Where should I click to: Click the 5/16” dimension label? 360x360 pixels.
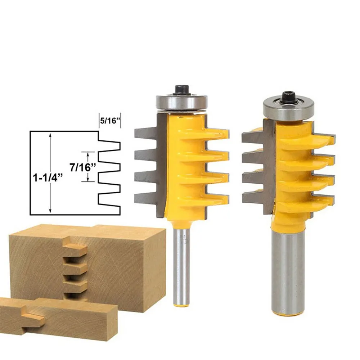pyautogui.click(x=110, y=121)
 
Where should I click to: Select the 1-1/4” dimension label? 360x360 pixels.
pyautogui.click(x=48, y=178)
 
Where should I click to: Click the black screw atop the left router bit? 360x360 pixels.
pyautogui.click(x=182, y=90)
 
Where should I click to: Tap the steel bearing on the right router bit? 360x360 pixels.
pyautogui.click(x=289, y=107)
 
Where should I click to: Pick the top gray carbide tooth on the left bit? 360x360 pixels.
pyautogui.click(x=146, y=134)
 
